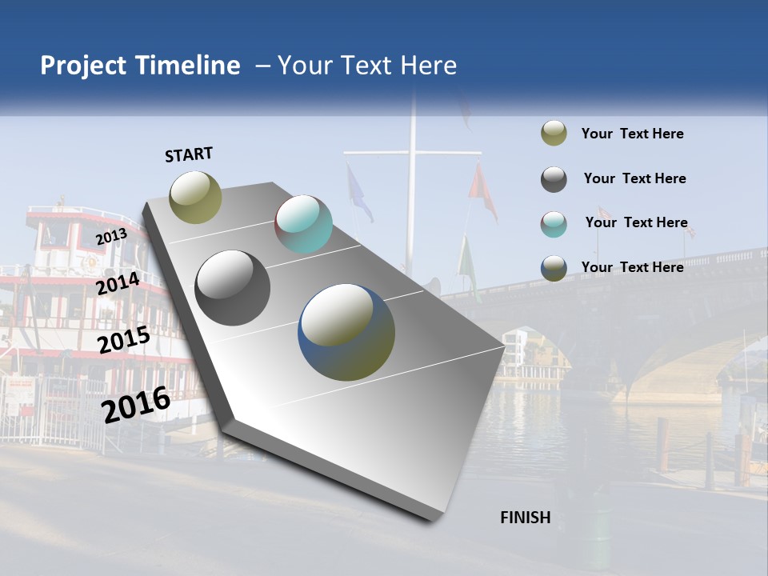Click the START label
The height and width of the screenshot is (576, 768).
pyautogui.click(x=189, y=154)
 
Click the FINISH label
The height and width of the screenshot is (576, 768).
pyautogui.click(x=525, y=518)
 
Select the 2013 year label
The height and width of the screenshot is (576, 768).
pyautogui.click(x=111, y=236)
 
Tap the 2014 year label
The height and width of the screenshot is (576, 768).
pyautogui.click(x=118, y=284)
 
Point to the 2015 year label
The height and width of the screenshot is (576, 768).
pyautogui.click(x=123, y=341)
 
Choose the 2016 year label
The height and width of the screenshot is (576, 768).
pyautogui.click(x=136, y=404)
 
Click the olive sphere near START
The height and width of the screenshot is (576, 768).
pyautogui.click(x=196, y=197)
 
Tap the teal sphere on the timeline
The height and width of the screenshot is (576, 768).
pyautogui.click(x=303, y=224)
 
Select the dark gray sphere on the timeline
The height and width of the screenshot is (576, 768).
pyautogui.click(x=232, y=288)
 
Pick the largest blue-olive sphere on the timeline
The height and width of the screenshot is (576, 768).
pyautogui.click(x=346, y=332)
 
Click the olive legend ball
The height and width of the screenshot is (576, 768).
pyautogui.click(x=554, y=134)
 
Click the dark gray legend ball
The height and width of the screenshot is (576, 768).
pyautogui.click(x=554, y=179)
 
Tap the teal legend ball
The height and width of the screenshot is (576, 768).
pyautogui.click(x=554, y=224)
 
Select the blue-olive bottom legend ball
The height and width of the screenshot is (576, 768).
pyautogui.click(x=554, y=268)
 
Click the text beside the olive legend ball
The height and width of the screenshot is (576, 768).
pyautogui.click(x=632, y=134)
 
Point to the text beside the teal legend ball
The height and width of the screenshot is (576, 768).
pyautogui.click(x=636, y=222)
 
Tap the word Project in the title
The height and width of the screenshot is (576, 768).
pyautogui.click(x=84, y=66)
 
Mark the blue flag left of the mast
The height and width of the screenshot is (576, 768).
pyautogui.click(x=358, y=194)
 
